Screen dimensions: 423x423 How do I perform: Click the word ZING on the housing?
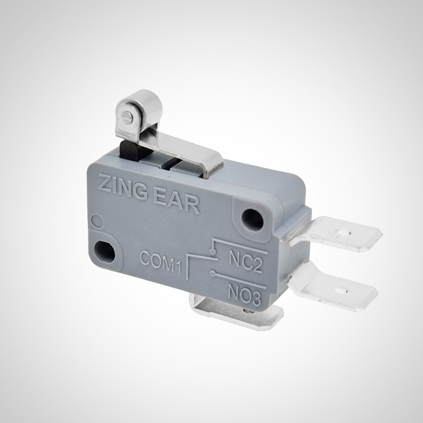point(123,187)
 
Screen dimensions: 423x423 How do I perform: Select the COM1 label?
point(161,262)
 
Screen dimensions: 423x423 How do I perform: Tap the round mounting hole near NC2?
point(252,219)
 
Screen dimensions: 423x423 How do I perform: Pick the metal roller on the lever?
point(139,112)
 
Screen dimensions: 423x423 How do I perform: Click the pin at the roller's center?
point(127,117)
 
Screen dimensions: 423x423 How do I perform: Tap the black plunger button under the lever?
point(130,151)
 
